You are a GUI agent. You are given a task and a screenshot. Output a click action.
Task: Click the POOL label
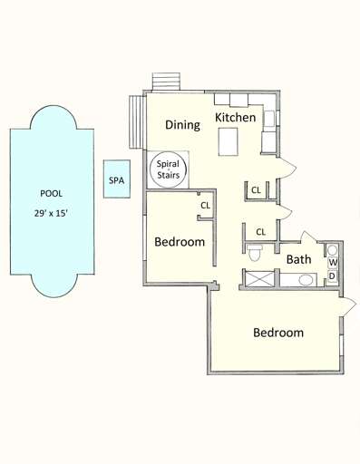click(51, 193)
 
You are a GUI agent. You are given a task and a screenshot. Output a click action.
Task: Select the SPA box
click(116, 180)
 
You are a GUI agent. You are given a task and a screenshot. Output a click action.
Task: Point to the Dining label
click(182, 125)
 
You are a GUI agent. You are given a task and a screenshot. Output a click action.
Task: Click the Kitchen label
click(235, 118)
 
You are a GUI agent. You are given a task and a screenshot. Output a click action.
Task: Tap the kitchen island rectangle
click(229, 140)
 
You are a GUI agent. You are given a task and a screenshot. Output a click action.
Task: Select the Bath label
click(298, 259)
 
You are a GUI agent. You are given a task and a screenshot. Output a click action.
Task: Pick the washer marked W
click(333, 263)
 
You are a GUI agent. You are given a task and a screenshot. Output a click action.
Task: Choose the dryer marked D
click(333, 275)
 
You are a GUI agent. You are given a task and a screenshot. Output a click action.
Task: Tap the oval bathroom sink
click(305, 280)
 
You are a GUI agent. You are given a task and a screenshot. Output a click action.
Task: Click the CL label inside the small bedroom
click(205, 206)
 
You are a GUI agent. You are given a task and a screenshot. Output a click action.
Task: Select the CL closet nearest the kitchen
click(256, 190)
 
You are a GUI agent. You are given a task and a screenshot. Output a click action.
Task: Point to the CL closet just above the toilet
click(260, 232)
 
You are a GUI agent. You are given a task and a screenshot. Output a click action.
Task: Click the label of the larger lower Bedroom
click(277, 333)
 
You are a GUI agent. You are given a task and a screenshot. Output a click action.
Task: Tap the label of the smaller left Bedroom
click(179, 242)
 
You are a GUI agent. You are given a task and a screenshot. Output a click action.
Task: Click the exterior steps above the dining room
click(166, 82)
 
